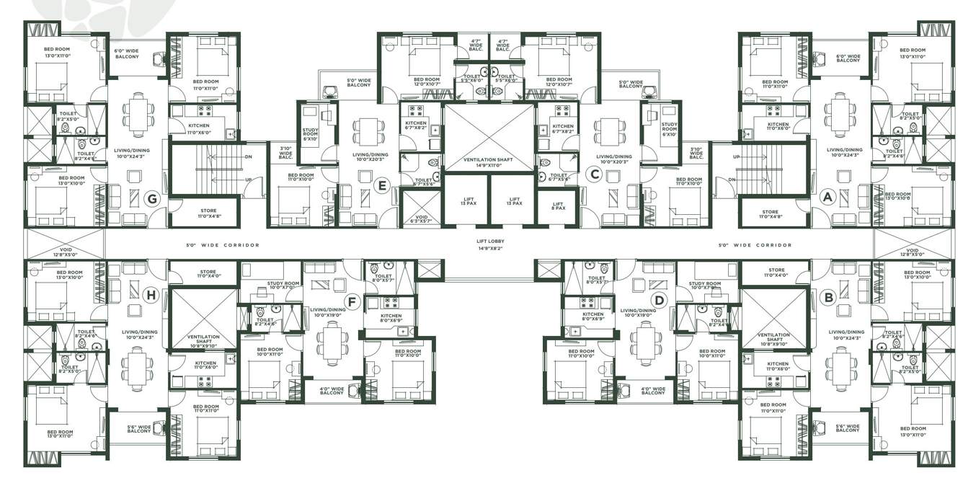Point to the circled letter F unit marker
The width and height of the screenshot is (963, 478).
click(x=352, y=301)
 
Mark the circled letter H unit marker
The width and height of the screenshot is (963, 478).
click(x=151, y=293)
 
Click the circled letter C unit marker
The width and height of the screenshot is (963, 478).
click(x=595, y=174)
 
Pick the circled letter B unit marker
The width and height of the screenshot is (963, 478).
click(x=828, y=296)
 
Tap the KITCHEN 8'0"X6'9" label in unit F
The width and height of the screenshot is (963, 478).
click(x=391, y=318)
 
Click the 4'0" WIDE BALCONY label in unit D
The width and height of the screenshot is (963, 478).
click(x=653, y=391)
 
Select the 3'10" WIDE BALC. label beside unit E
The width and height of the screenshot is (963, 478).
click(x=285, y=152)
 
